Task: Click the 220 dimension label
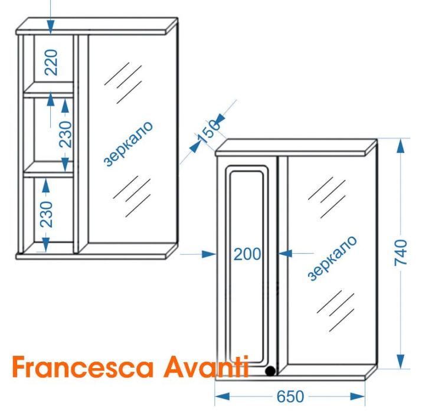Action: (x=51, y=63)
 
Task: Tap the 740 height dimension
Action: (x=401, y=253)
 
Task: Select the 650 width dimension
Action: (x=290, y=396)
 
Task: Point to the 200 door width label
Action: (x=247, y=254)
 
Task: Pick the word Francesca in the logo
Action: (x=83, y=367)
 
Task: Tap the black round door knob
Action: (x=270, y=371)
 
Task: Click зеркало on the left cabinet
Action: (x=128, y=144)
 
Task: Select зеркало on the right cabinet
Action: (x=332, y=258)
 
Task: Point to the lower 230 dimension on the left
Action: (x=46, y=214)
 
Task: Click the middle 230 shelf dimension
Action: (x=66, y=135)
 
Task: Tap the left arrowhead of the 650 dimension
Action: (x=222, y=396)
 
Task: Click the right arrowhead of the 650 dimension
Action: (x=358, y=396)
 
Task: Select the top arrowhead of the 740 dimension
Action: (x=401, y=146)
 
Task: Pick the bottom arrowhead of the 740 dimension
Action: (x=401, y=361)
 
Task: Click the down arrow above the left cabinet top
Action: (x=51, y=27)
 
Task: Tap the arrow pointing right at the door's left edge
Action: (x=209, y=254)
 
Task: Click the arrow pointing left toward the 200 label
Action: (x=284, y=254)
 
